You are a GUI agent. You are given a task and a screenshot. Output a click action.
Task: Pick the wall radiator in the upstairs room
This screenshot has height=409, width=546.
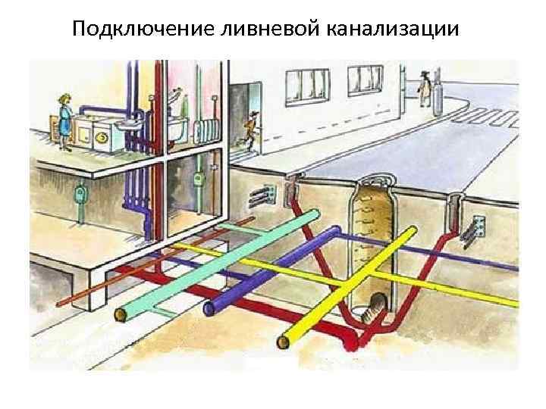(206, 130)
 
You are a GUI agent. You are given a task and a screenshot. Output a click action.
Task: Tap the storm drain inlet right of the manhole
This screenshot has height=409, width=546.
(455, 203)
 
